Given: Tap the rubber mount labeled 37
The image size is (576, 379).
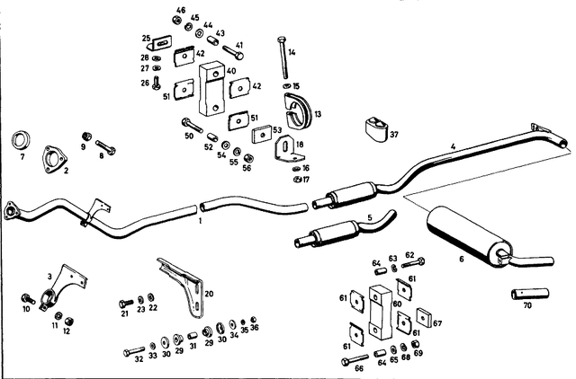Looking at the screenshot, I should click(x=375, y=129).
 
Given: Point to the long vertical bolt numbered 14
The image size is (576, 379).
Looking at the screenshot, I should click(x=283, y=58).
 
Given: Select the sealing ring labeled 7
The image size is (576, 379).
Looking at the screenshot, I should click(x=22, y=141).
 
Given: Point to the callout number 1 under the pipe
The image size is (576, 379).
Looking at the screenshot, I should click(x=200, y=219).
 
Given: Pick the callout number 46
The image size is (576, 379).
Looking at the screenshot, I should click(x=181, y=11).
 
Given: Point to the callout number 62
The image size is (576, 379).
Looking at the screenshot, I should click(x=409, y=255).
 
